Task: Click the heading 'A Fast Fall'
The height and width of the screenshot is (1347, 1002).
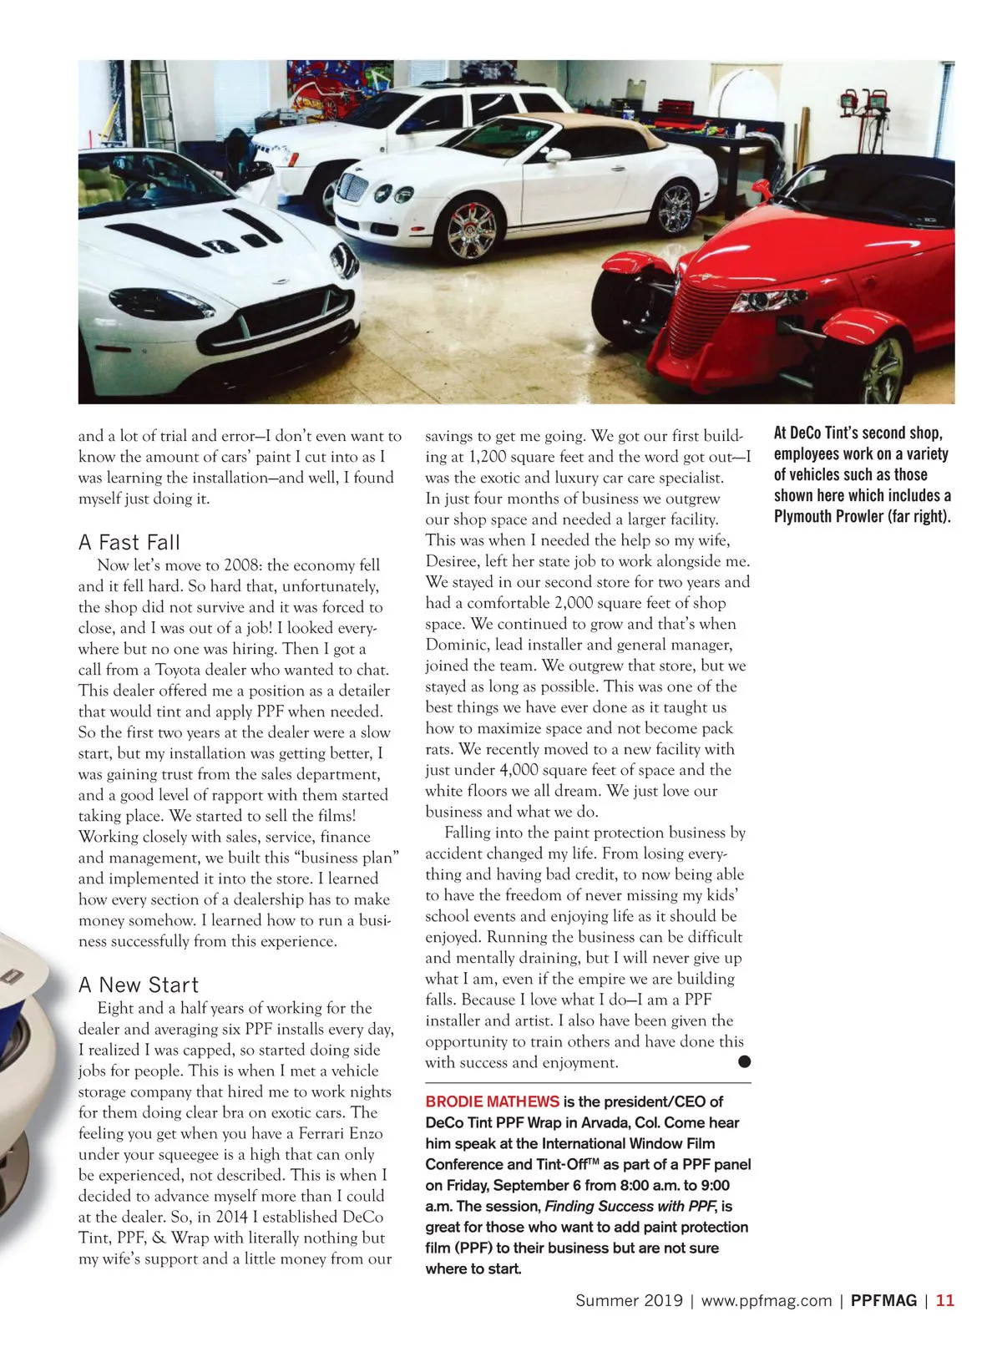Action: (129, 543)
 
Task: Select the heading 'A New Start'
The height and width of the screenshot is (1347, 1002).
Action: (139, 985)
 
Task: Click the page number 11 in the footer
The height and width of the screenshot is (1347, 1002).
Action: (944, 1300)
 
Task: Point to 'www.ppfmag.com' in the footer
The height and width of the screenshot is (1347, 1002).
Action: (766, 1300)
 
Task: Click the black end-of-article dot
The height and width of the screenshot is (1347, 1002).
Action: (744, 1062)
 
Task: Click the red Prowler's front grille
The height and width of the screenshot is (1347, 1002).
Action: (697, 317)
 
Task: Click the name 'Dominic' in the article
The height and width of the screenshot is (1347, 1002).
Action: (456, 645)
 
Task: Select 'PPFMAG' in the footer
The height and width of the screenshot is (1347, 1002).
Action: (883, 1300)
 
